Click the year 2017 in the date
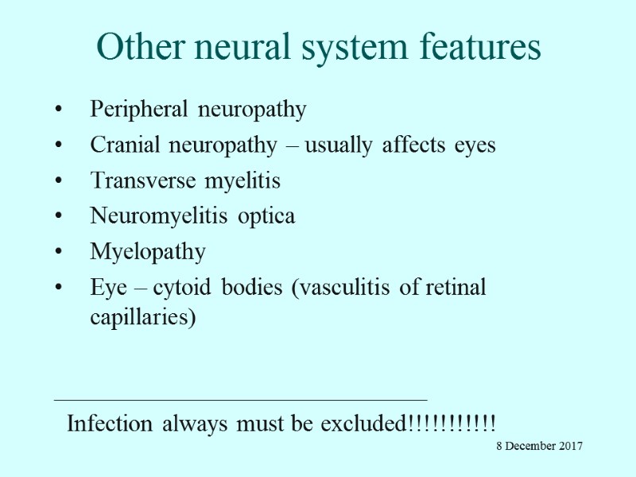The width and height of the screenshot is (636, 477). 569,446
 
